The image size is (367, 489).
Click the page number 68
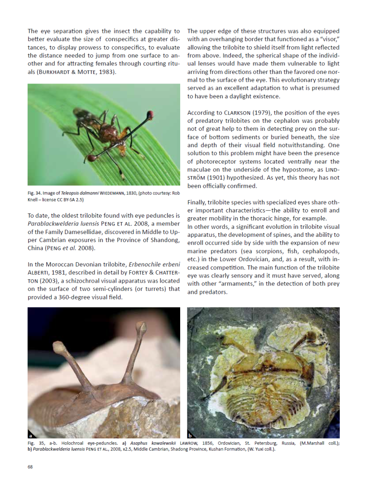[30, 467]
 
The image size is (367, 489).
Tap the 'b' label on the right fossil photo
[190, 435]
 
